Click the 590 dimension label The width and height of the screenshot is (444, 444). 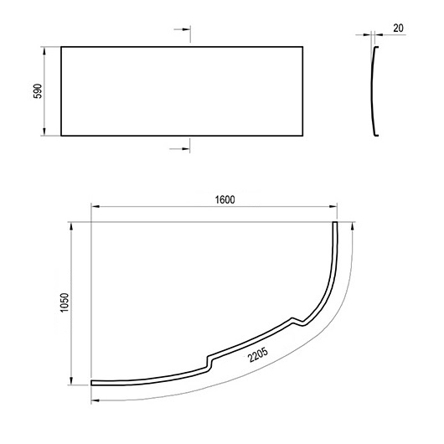pos(38,91)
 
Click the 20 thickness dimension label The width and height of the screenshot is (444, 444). pos(398,28)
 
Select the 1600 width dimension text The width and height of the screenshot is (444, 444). pos(225,200)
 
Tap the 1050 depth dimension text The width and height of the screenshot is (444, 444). pos(65,302)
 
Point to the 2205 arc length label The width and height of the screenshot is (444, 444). pos(258,355)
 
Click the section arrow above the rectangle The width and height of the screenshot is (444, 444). pos(182,29)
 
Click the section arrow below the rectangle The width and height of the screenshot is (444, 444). pos(179,148)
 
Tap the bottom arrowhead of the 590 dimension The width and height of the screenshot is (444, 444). pos(44,132)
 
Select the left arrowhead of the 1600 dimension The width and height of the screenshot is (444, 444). pos(96,207)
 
